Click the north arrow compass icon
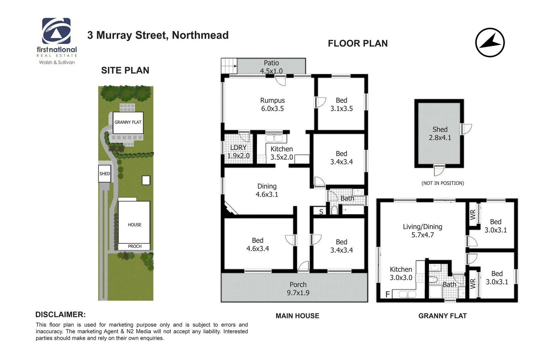[490, 43]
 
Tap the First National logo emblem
[56, 31]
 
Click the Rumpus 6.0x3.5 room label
[272, 104]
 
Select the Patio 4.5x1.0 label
[271, 67]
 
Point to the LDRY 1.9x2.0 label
[238, 151]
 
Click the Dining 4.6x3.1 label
[267, 190]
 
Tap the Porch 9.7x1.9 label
[298, 289]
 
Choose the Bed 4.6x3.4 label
[257, 244]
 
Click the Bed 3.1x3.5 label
[341, 104]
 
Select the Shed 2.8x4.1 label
[440, 133]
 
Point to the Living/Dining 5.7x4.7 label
[422, 231]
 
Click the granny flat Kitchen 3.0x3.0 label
[401, 273]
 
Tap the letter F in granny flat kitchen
[387, 294]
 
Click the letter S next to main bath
[321, 212]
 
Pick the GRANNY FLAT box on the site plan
[128, 122]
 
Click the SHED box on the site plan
[104, 174]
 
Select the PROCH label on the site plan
[135, 246]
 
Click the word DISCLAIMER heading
[60, 314]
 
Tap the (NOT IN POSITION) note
[443, 183]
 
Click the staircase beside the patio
[229, 66]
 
